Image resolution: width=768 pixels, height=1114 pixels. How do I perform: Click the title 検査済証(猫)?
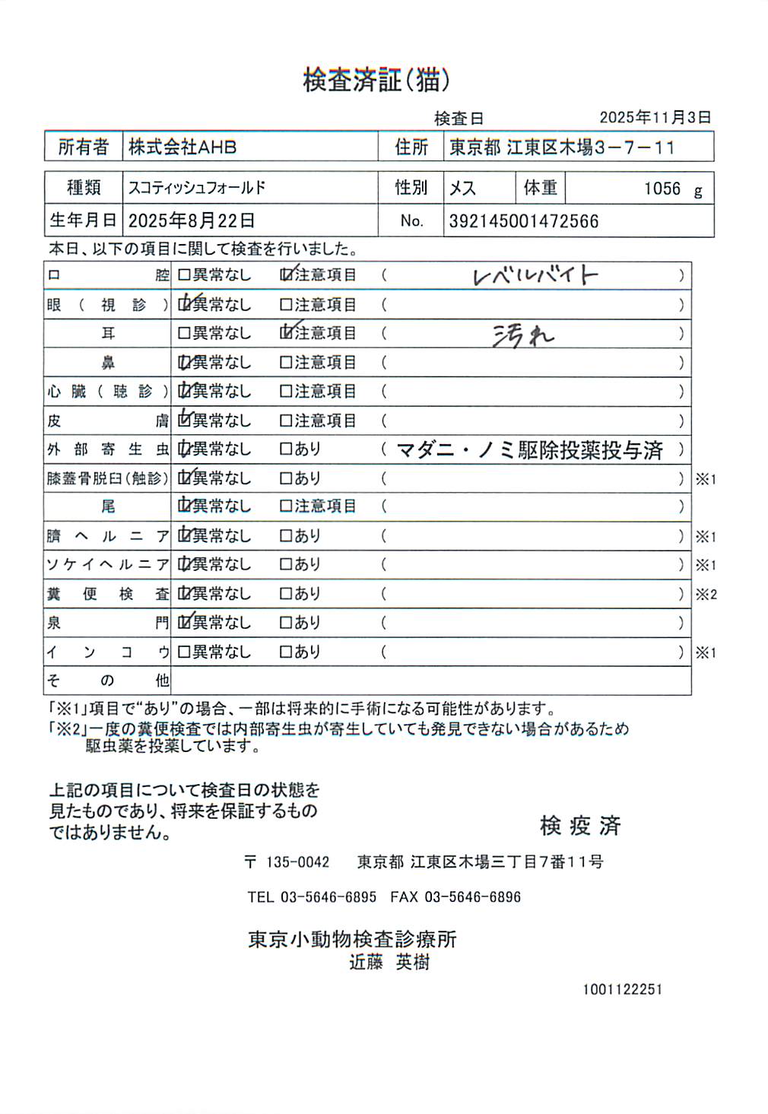click(x=376, y=80)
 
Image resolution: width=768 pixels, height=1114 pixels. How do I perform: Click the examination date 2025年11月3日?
click(x=655, y=118)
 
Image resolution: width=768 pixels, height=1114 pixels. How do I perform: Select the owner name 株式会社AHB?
click(x=182, y=147)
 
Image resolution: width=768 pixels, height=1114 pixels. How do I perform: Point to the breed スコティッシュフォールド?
click(x=197, y=188)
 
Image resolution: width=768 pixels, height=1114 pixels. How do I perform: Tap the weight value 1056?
click(x=662, y=189)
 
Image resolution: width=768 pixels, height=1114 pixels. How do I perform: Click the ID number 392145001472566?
click(x=524, y=221)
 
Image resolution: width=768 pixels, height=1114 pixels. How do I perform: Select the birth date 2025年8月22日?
click(x=191, y=221)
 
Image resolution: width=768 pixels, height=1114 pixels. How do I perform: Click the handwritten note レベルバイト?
click(x=535, y=275)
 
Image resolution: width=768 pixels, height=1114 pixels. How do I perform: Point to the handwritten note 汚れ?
click(x=523, y=335)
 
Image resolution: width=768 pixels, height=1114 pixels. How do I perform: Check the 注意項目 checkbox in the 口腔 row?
click(x=286, y=275)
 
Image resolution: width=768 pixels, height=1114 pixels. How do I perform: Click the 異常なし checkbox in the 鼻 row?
click(x=184, y=363)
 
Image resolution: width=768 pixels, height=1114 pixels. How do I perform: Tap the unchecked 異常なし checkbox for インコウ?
click(x=184, y=652)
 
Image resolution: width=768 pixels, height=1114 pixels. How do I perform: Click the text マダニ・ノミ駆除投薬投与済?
click(x=530, y=450)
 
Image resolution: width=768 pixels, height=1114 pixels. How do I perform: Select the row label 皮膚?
click(x=107, y=421)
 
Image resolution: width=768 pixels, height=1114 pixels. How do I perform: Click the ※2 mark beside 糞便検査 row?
click(x=706, y=595)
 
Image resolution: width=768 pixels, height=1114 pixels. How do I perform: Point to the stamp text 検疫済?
click(x=580, y=826)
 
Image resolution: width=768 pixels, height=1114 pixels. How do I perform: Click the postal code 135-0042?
click(x=297, y=862)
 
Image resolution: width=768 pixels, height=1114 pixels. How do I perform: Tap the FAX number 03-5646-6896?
click(x=472, y=897)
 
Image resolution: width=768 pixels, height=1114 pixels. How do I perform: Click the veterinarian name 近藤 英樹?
click(x=389, y=963)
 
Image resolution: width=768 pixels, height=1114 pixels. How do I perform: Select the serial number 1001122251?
click(x=623, y=989)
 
